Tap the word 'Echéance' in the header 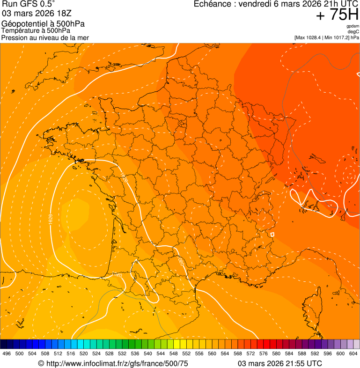211,4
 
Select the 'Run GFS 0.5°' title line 28,4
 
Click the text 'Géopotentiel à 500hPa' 43,24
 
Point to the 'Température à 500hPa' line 36,30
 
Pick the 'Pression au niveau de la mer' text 45,37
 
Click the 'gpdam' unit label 353,26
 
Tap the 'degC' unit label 353,31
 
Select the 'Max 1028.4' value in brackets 311,37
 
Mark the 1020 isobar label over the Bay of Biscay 51,219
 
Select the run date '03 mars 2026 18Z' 37,13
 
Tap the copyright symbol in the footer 41,363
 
